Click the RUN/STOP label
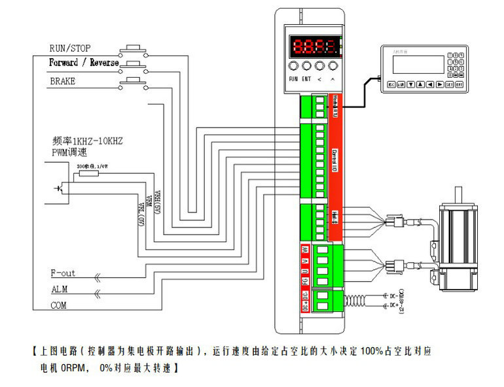(70, 48)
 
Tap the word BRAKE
(63, 81)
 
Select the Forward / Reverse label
(84, 63)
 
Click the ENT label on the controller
(306, 79)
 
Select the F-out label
(63, 273)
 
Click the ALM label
(59, 289)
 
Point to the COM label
(59, 305)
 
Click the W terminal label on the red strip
(304, 250)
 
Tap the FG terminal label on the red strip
(304, 281)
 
